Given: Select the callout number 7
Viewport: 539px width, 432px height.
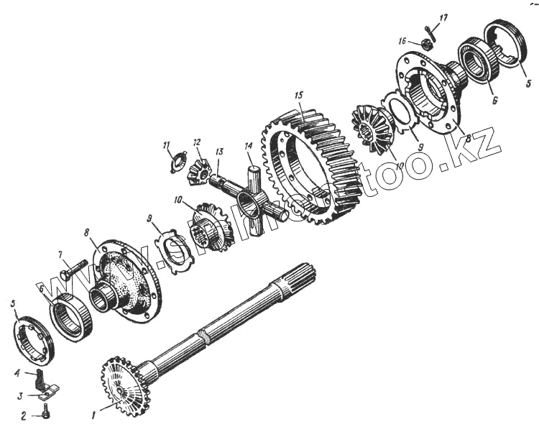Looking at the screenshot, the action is pyautogui.click(x=62, y=254).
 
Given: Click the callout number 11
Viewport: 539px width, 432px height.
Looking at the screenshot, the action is pyautogui.click(x=166, y=144).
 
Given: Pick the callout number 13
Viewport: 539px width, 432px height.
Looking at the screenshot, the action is pyautogui.click(x=219, y=152).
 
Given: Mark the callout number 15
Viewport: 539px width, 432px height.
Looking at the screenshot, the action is pyautogui.click(x=298, y=95).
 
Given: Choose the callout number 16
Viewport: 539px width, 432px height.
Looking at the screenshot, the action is pyautogui.click(x=403, y=41).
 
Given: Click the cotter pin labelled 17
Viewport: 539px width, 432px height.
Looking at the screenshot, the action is pyautogui.click(x=431, y=29).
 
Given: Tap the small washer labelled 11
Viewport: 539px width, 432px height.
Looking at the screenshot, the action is pyautogui.click(x=177, y=160).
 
